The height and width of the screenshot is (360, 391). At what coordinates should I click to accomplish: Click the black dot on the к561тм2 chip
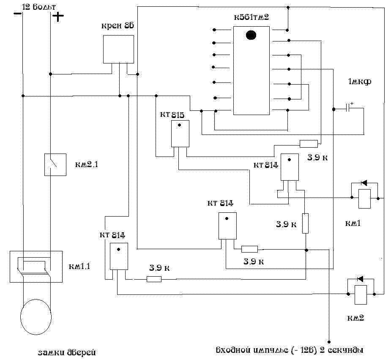pyautogui.click(x=251, y=35)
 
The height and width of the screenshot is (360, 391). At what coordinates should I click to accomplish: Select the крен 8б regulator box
pyautogui.click(x=119, y=49)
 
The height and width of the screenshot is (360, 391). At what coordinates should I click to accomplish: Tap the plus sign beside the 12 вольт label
pyautogui.click(x=58, y=16)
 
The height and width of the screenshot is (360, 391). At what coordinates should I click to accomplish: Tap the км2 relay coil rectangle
pyautogui.click(x=361, y=295)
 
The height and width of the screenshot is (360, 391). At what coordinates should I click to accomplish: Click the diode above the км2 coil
pyautogui.click(x=360, y=279)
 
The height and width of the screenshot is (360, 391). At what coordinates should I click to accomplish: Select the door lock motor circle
pyautogui.click(x=36, y=316)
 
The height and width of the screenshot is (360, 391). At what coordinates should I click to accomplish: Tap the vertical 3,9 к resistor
pyautogui.click(x=305, y=223)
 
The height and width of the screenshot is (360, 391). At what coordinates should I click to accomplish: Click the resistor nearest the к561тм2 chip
pyautogui.click(x=308, y=143)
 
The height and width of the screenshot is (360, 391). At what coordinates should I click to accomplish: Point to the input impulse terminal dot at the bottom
pyautogui.click(x=328, y=341)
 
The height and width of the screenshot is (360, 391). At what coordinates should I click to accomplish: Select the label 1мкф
pyautogui.click(x=359, y=82)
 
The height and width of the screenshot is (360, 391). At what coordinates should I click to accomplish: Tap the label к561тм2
pyautogui.click(x=251, y=17)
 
